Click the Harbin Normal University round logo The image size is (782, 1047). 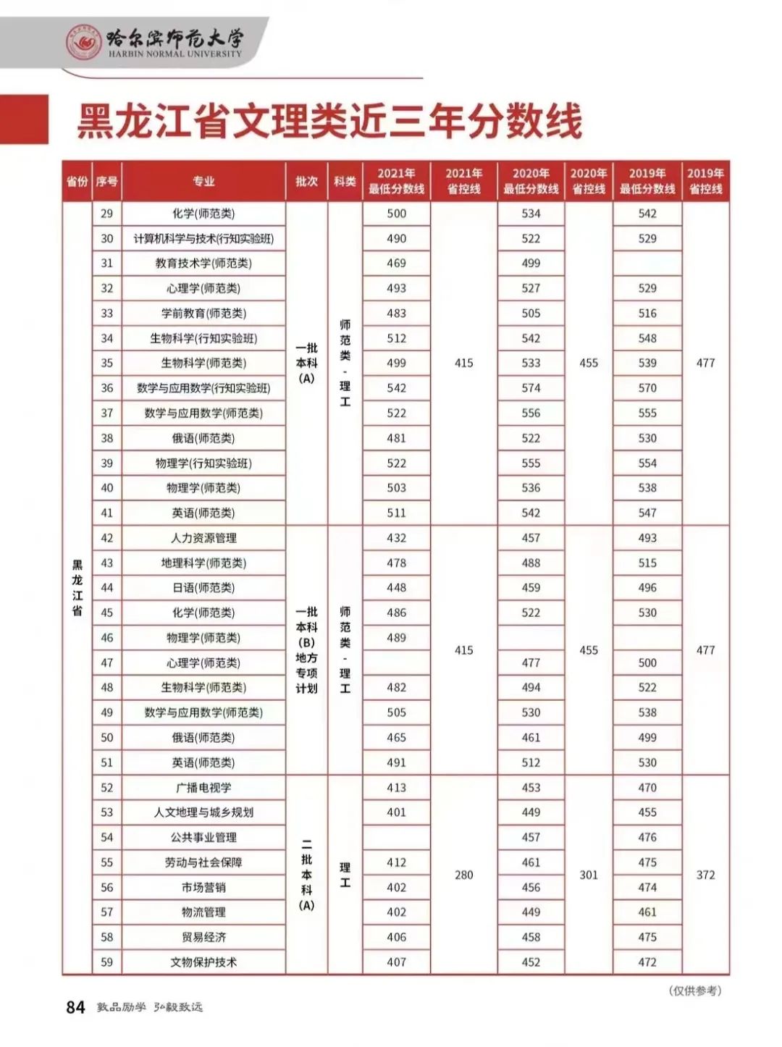tap(84, 43)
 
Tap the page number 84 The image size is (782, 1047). tap(75, 1007)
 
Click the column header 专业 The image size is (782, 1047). tap(203, 181)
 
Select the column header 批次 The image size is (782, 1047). tap(306, 181)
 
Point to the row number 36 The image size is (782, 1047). tap(107, 388)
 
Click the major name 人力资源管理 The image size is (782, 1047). tap(203, 538)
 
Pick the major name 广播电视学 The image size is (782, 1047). tap(203, 788)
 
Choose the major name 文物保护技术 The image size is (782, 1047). tap(203, 962)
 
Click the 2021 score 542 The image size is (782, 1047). tap(396, 388)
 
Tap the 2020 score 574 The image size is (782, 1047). tap(531, 388)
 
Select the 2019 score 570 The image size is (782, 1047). tap(647, 388)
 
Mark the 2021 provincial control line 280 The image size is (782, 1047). tap(463, 875)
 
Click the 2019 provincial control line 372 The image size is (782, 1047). tap(705, 875)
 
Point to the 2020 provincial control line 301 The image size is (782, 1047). tap(589, 875)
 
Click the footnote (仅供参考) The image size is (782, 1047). tap(694, 991)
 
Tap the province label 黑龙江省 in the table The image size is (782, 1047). tap(77, 587)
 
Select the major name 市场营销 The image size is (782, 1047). tap(203, 888)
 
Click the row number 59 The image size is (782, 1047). tap(107, 962)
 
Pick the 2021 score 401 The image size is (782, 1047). tap(396, 812)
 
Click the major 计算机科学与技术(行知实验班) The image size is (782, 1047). tap(203, 238)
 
